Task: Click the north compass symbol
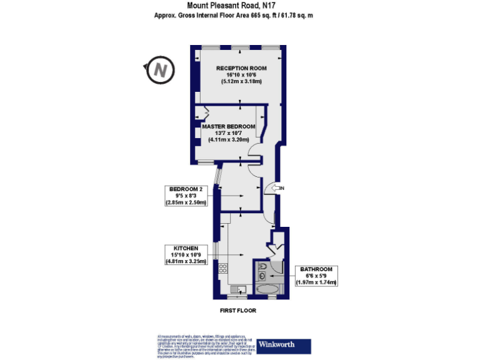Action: point(160,70)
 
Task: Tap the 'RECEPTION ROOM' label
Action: point(241,67)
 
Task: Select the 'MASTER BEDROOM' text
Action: point(229,127)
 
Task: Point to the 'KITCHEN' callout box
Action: point(186,255)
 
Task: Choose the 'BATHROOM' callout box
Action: point(316,276)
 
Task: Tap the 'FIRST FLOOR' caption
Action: point(237,311)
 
